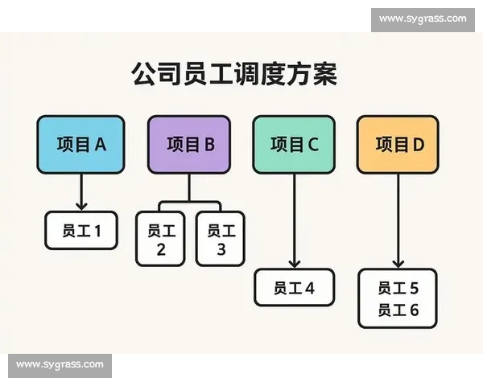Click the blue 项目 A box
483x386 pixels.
(x=80, y=145)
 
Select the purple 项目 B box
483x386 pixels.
(x=189, y=145)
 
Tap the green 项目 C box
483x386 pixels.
(x=294, y=145)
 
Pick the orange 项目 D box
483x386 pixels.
(x=398, y=145)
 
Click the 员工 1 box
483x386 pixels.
(x=81, y=230)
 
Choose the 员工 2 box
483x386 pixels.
(x=160, y=239)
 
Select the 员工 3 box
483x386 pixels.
(x=221, y=239)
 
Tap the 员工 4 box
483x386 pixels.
(x=294, y=288)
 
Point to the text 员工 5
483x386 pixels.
(x=398, y=289)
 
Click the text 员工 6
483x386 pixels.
(x=398, y=310)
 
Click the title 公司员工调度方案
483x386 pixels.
(x=234, y=74)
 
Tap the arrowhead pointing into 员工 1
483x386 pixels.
(x=81, y=206)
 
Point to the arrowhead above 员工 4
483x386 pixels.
(x=295, y=264)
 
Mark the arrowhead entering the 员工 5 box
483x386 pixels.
(x=398, y=264)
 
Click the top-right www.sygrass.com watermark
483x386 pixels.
(x=423, y=18)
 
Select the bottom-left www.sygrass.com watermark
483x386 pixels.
(x=60, y=365)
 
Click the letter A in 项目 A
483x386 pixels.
(x=101, y=145)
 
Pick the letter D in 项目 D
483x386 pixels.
(x=419, y=145)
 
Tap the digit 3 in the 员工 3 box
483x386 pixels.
(x=221, y=249)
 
